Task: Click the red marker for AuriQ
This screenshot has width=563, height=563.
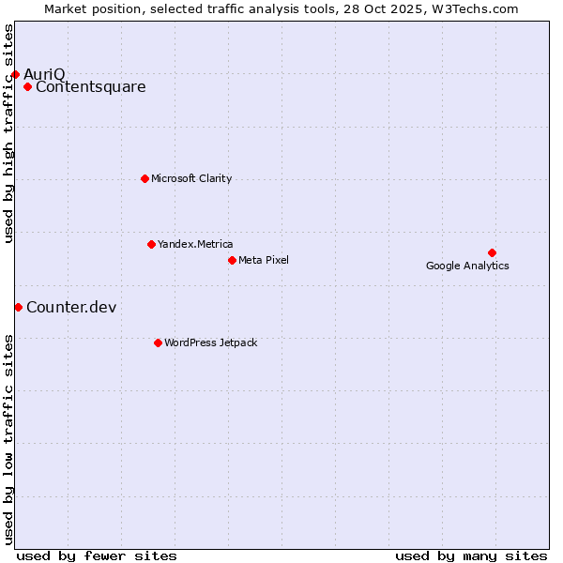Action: tap(15, 74)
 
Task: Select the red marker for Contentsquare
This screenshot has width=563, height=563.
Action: tap(27, 87)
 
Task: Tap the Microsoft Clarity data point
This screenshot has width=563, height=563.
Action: tap(145, 178)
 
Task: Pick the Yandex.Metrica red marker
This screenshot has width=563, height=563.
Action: tap(151, 244)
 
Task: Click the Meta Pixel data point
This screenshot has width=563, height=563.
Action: tap(232, 260)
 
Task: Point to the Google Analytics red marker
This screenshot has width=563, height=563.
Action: tap(492, 252)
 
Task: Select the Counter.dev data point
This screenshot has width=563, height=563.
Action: tap(18, 307)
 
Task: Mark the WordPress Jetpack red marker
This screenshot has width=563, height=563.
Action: tap(158, 342)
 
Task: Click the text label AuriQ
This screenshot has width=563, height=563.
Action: tap(44, 74)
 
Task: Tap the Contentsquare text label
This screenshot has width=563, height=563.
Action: tap(91, 87)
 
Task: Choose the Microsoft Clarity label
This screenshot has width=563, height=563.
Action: tap(191, 178)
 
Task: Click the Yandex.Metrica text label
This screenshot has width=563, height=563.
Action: tap(195, 244)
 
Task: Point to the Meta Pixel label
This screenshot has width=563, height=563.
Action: tap(264, 260)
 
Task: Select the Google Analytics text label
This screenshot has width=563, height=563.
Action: tap(467, 266)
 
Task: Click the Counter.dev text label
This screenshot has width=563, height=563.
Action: tap(71, 307)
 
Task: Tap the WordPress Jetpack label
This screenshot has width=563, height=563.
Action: tap(210, 342)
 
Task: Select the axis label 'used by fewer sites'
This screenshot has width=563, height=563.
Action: tap(97, 555)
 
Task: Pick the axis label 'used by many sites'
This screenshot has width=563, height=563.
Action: tap(471, 555)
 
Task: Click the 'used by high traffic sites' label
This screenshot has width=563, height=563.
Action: tap(9, 133)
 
